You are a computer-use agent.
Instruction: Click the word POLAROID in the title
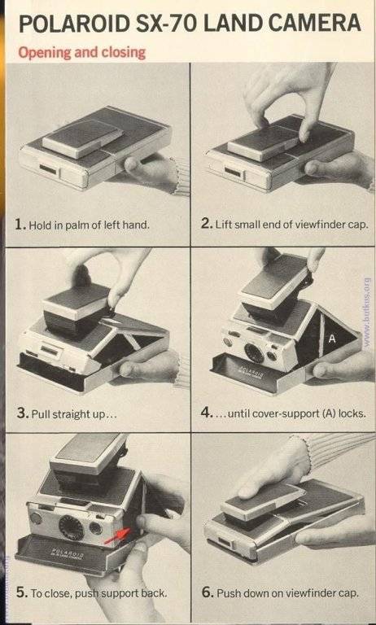75,24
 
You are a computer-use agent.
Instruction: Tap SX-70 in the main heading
166,24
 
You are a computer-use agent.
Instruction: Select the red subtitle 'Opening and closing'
81,52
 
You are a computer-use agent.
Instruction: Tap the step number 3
21,413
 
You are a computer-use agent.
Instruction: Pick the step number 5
21,592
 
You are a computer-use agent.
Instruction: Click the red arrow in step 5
119,535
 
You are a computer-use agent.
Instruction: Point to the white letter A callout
332,339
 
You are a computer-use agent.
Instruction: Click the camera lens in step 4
254,352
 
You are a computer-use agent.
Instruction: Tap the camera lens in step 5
72,527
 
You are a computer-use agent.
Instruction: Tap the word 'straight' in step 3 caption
68,414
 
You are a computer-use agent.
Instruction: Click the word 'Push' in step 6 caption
228,592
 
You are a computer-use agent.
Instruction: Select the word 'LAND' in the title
231,24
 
